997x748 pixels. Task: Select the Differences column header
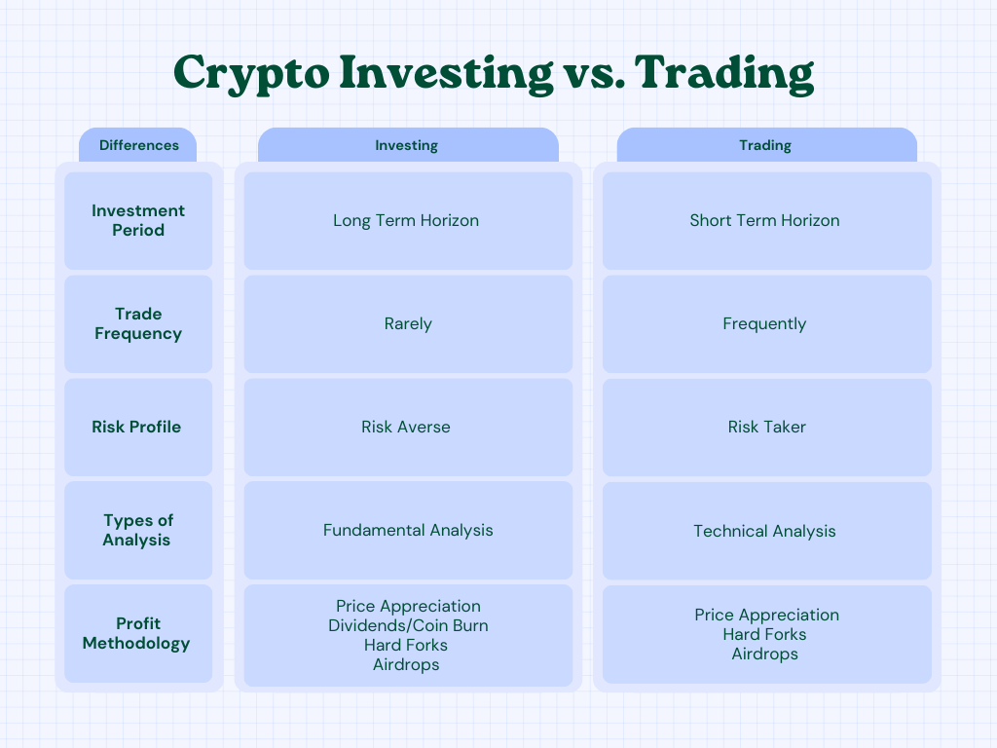(x=138, y=145)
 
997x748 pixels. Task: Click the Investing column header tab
(x=408, y=145)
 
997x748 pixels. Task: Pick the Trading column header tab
(x=767, y=145)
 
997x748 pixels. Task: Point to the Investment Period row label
(x=138, y=220)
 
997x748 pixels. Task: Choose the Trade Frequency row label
(x=138, y=323)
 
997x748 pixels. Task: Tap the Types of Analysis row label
(x=138, y=530)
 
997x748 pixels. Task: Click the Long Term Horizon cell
(x=408, y=221)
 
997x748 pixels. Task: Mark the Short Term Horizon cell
(x=767, y=221)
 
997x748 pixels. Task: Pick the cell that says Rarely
(x=408, y=323)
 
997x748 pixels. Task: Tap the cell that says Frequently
(x=767, y=323)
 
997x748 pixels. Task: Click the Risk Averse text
(x=406, y=427)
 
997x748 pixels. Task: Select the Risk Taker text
(x=767, y=427)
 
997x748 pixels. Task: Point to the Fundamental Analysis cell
(x=408, y=530)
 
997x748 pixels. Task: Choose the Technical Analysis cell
(x=767, y=531)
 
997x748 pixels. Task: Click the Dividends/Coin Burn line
(x=408, y=626)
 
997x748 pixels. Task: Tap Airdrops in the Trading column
(x=765, y=654)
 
